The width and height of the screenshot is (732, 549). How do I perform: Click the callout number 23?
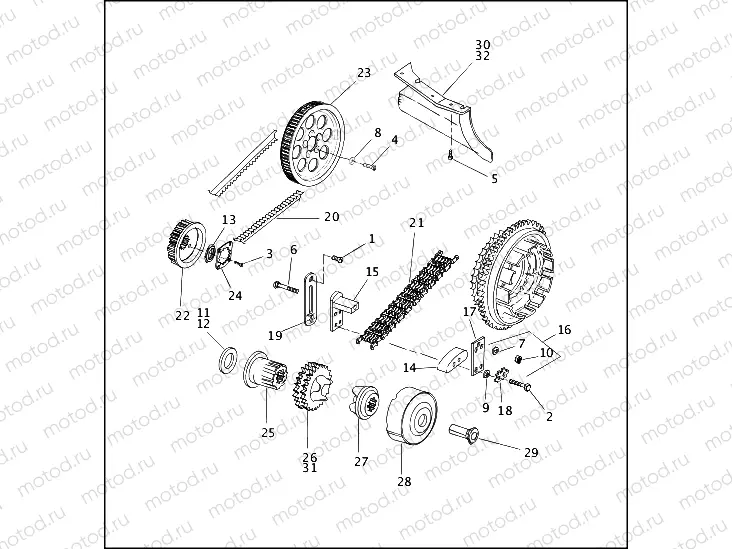pyautogui.click(x=363, y=72)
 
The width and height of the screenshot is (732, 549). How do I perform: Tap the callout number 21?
pyautogui.click(x=416, y=222)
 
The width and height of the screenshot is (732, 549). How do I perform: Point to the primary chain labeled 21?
pyautogui.click(x=405, y=290)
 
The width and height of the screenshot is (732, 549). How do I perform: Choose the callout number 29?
pyautogui.click(x=531, y=453)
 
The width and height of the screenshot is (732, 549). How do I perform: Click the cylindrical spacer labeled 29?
pyautogui.click(x=469, y=435)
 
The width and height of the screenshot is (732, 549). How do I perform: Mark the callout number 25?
pyautogui.click(x=267, y=433)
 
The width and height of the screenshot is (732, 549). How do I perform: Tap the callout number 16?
pyautogui.click(x=564, y=328)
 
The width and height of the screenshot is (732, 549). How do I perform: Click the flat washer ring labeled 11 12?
pyautogui.click(x=226, y=357)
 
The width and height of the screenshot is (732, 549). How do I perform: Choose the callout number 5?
pyautogui.click(x=493, y=179)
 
